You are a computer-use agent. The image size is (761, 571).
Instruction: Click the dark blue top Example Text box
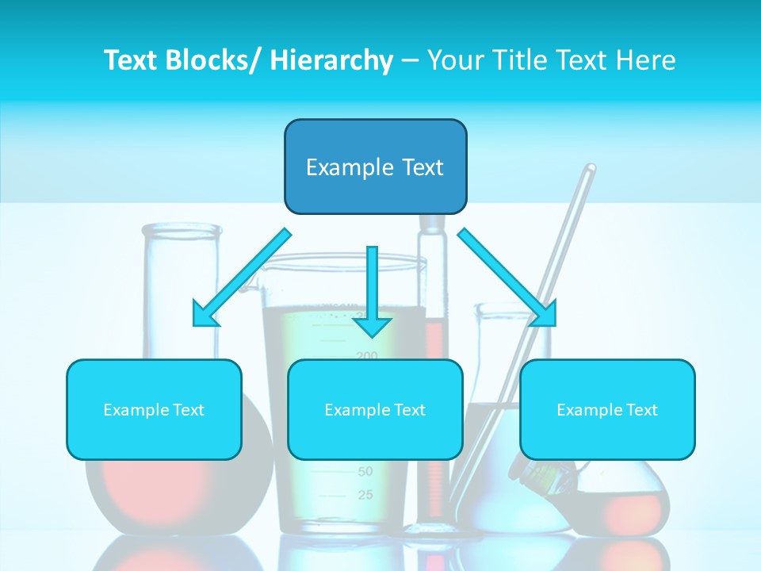[x=375, y=167]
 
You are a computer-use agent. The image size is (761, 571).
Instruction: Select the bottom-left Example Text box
[x=154, y=409]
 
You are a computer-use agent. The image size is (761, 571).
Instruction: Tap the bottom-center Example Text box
[x=375, y=409]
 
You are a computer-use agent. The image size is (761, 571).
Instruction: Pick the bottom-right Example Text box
[x=607, y=409]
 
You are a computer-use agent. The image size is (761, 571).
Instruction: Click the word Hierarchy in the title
[x=331, y=61]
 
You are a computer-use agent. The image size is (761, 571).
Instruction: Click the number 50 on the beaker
[x=365, y=472]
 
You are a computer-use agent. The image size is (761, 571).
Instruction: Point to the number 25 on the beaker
[x=365, y=496]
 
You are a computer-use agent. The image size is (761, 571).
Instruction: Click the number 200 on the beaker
[x=366, y=356]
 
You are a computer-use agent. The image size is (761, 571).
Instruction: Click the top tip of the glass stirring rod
[x=590, y=168]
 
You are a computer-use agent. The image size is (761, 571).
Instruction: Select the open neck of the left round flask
[x=182, y=230]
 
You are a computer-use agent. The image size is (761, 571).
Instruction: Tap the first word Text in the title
[x=132, y=61]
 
